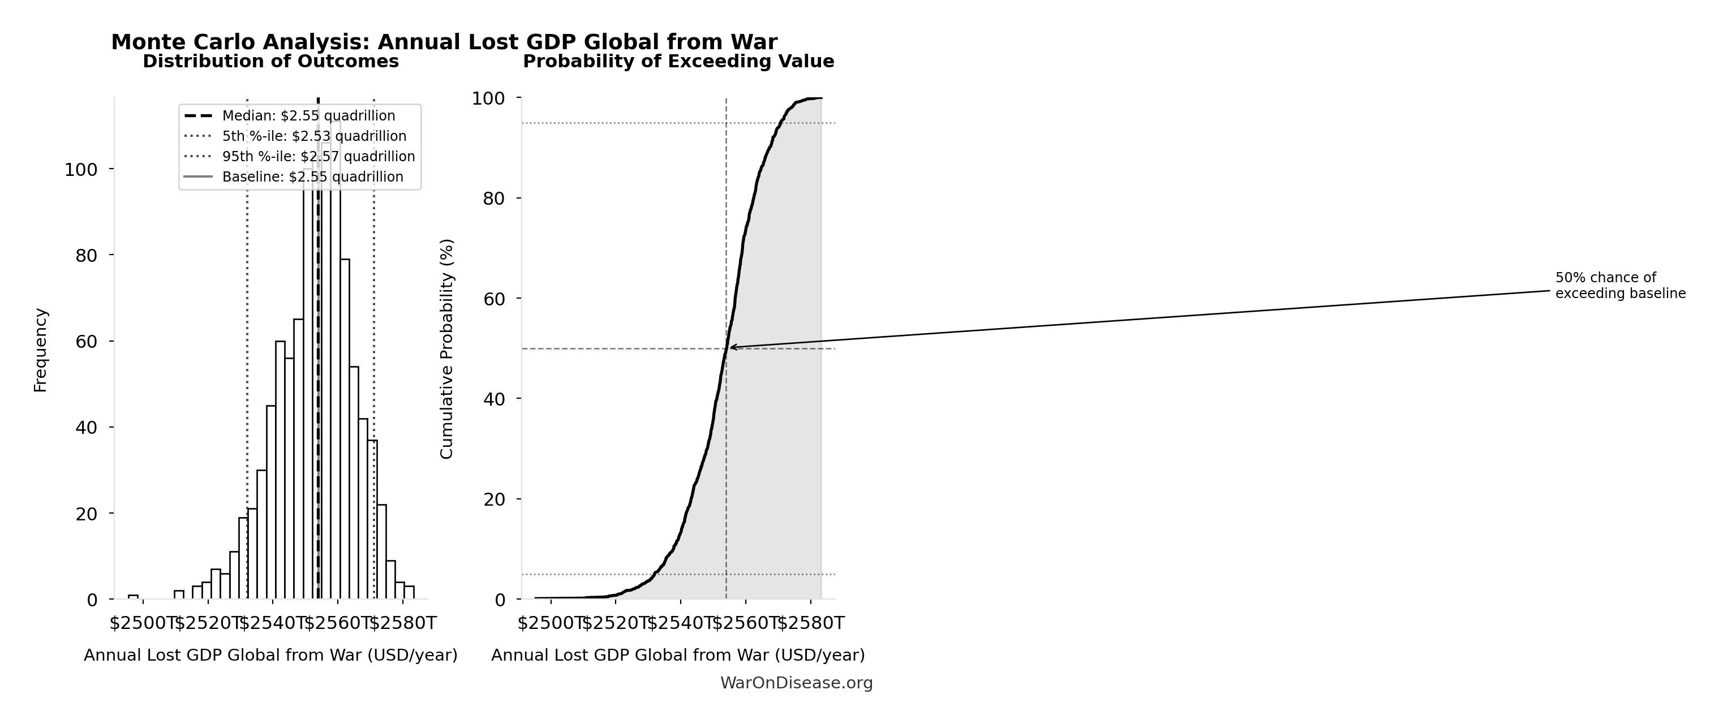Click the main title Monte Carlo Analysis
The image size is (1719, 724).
pyautogui.click(x=444, y=42)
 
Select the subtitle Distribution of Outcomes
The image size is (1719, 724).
pyautogui.click(x=270, y=62)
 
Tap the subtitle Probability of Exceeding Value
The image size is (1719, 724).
pyautogui.click(x=678, y=62)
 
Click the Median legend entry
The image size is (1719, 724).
pyautogui.click(x=308, y=116)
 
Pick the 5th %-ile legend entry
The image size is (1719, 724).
pyautogui.click(x=313, y=137)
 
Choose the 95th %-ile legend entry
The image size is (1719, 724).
pyautogui.click(x=319, y=157)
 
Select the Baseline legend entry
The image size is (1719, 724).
pyautogui.click(x=312, y=178)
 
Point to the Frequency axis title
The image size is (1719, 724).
pyautogui.click(x=41, y=350)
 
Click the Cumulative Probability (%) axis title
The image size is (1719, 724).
pyautogui.click(x=446, y=349)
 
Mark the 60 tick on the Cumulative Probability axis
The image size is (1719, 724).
pyautogui.click(x=495, y=299)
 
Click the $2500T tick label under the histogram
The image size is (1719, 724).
pyautogui.click(x=142, y=623)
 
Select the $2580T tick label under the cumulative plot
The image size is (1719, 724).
pyautogui.click(x=811, y=623)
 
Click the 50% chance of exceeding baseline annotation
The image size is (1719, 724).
pyautogui.click(x=1619, y=286)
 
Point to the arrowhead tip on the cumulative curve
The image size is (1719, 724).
pyautogui.click(x=730, y=347)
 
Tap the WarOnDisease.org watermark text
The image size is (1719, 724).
pyautogui.click(x=796, y=683)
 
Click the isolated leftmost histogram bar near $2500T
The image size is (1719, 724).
pyautogui.click(x=134, y=597)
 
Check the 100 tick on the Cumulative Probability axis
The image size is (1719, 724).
pyautogui.click(x=488, y=99)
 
